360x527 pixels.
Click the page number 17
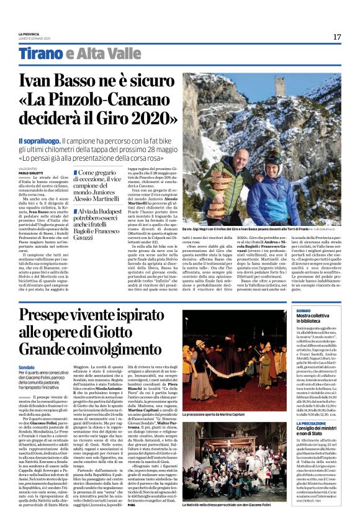point(336,37)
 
